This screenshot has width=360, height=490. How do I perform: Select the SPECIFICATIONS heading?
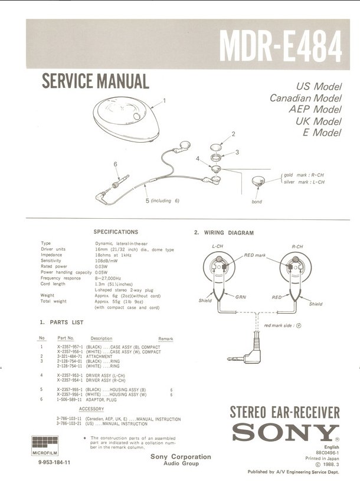(116, 232)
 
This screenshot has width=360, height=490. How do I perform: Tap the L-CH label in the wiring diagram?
(217, 246)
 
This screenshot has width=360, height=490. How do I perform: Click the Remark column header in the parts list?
(166, 338)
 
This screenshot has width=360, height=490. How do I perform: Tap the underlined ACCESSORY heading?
(91, 409)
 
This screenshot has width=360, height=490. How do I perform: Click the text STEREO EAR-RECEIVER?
(284, 412)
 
